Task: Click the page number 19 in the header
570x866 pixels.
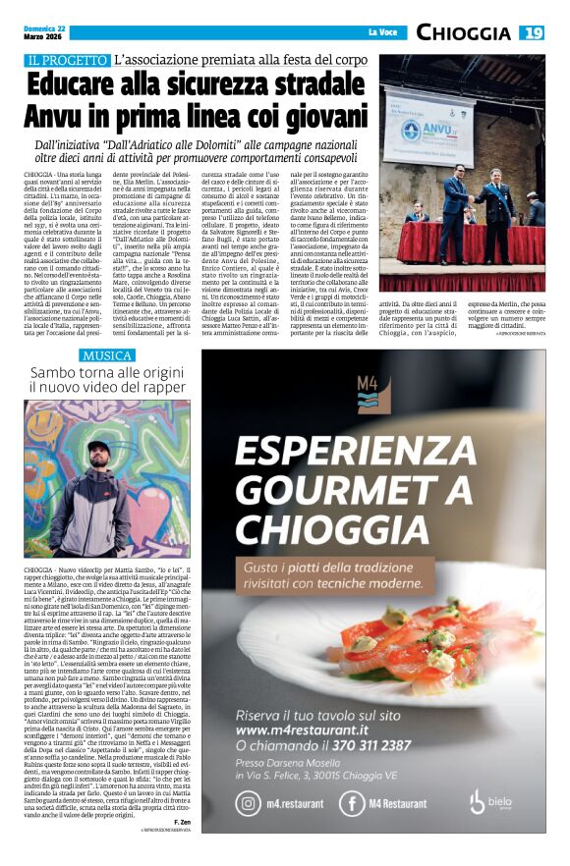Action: [533, 33]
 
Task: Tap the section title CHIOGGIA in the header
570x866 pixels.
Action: [463, 33]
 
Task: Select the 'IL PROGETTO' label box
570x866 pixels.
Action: [68, 61]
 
